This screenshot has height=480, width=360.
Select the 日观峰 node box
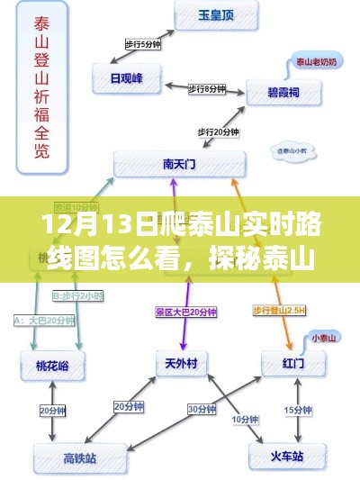[x=126, y=77]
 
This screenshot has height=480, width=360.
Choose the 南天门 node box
[x=178, y=164]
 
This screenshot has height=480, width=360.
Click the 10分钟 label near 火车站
[x=242, y=419]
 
